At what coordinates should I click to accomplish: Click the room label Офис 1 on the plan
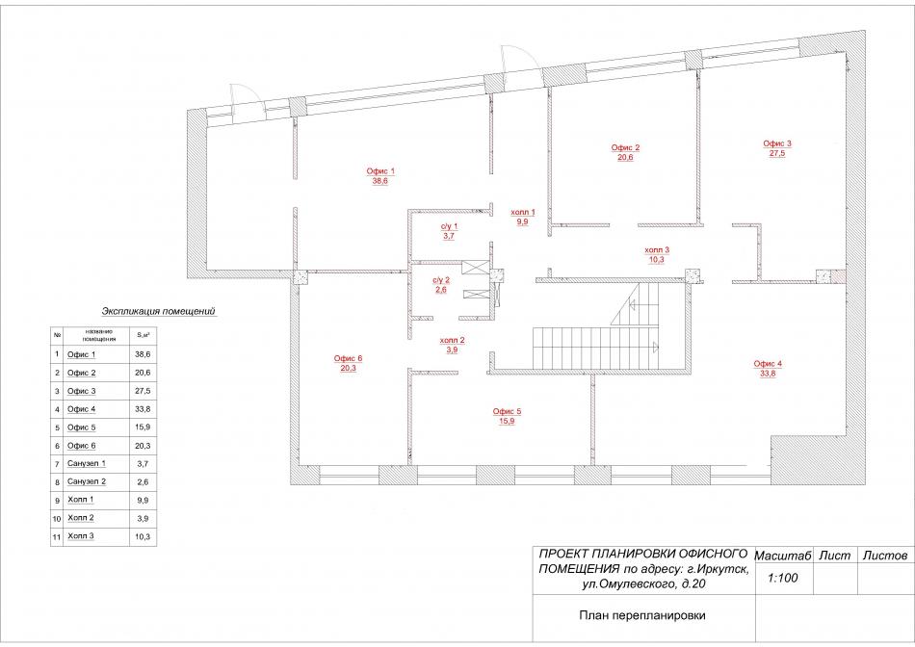pos(380,171)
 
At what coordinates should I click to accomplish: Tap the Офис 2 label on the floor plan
pos(625,147)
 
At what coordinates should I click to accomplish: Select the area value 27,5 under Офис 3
pos(776,153)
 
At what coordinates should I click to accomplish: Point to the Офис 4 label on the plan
pos(768,364)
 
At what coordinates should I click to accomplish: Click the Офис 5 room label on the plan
pos(507,411)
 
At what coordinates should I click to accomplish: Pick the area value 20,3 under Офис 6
pos(348,368)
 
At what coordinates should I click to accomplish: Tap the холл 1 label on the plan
pos(522,213)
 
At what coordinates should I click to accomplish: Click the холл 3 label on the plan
pos(657,249)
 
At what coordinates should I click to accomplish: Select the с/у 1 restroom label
pos(449,226)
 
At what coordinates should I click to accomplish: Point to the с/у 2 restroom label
pos(441,280)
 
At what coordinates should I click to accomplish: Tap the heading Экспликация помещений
pos(159,311)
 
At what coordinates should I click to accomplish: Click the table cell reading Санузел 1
pos(87,464)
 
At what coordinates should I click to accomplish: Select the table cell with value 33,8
pos(143,409)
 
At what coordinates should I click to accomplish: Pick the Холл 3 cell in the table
pos(81,535)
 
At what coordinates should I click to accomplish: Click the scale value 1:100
pos(782,578)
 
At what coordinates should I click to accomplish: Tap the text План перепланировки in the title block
pos(641,615)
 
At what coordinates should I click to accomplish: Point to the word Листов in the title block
pos(885,556)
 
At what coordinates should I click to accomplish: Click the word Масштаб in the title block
pos(783,556)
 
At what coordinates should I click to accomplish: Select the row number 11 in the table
pos(57,536)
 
